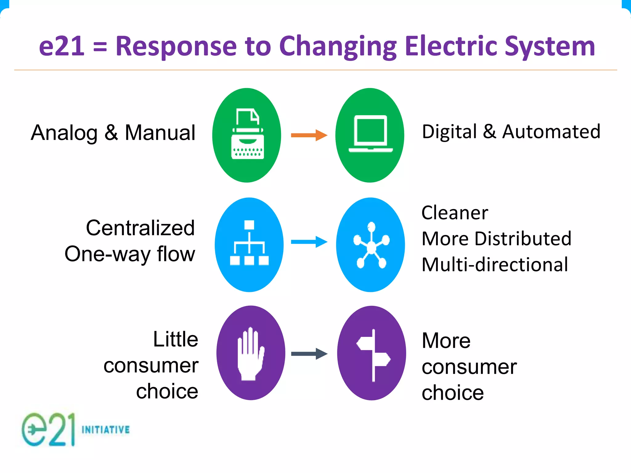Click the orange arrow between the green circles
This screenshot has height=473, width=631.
click(x=309, y=135)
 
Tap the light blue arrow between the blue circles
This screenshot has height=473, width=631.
click(x=309, y=242)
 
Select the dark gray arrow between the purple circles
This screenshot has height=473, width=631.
click(x=309, y=354)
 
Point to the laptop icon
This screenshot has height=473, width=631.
click(x=370, y=134)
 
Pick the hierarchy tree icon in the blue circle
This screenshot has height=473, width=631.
click(x=249, y=243)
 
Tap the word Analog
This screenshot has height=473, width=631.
click(x=64, y=133)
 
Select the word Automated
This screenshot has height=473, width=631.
click(x=551, y=132)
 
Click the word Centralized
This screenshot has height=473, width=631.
click(x=140, y=228)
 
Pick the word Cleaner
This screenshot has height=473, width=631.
click(x=455, y=213)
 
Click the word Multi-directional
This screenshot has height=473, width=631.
click(x=495, y=265)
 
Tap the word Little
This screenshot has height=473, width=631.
click(x=176, y=339)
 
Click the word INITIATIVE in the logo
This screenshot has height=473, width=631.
click(x=106, y=430)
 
